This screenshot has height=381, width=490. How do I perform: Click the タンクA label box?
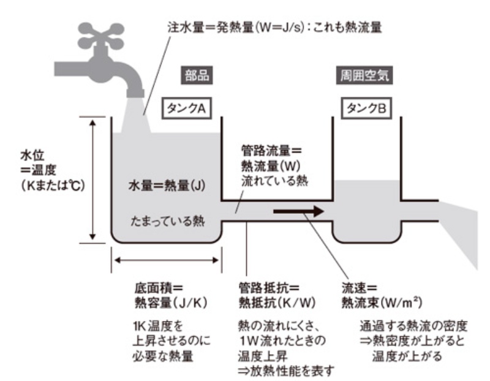tap(186, 108)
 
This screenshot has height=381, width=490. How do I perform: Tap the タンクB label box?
tap(366, 108)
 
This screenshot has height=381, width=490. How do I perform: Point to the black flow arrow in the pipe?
tap(299, 212)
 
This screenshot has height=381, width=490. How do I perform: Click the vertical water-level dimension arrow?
tap(93, 179)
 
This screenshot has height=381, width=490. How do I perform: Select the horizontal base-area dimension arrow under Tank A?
tap(165, 260)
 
